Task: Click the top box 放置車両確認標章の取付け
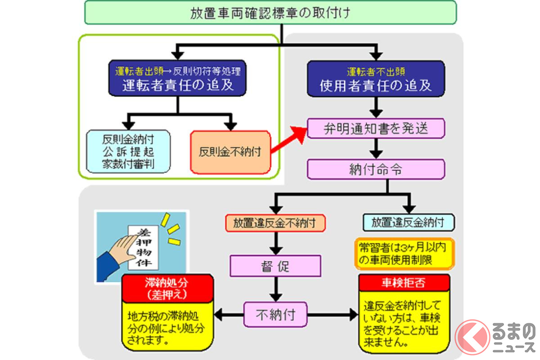coord(270,13)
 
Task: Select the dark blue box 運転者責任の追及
coord(178,79)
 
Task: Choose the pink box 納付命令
coord(376,170)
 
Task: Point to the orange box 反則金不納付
coord(230,152)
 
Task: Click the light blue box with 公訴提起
coord(128,151)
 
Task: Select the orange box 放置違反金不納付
coord(275,222)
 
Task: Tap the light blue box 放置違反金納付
coord(408,222)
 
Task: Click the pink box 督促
coord(275,265)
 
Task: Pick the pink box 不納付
coord(275,314)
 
